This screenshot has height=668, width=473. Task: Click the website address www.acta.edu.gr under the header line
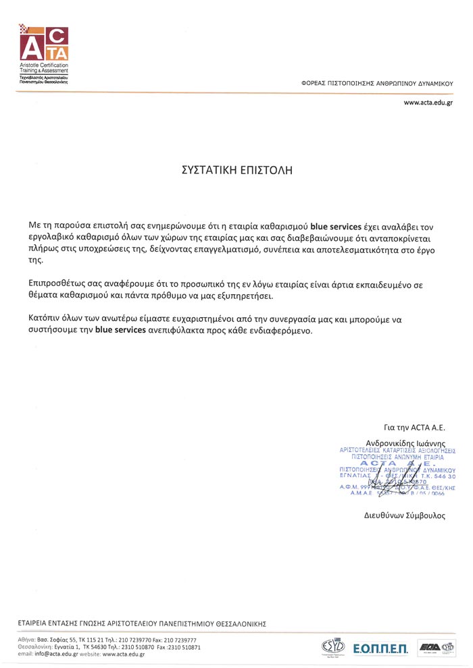click(428, 103)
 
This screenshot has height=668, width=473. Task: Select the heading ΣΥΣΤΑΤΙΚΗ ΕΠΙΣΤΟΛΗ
click(236, 170)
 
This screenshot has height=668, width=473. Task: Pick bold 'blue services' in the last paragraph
click(121, 331)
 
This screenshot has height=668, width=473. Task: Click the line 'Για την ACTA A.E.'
click(415, 427)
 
